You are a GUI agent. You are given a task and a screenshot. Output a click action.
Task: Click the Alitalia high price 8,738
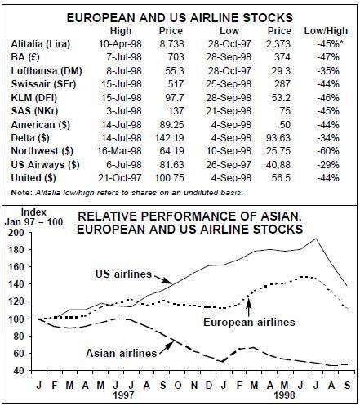click(x=171, y=44)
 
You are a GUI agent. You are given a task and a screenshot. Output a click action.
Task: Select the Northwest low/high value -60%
click(x=328, y=151)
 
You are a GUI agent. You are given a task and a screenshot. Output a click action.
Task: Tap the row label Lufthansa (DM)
click(x=47, y=71)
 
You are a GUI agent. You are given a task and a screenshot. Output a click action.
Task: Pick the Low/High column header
click(x=326, y=31)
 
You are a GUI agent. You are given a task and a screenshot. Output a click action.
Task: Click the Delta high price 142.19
click(x=169, y=138)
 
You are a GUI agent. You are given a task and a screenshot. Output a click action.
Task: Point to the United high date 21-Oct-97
click(x=120, y=178)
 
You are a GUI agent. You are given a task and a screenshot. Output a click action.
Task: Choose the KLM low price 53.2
click(x=281, y=98)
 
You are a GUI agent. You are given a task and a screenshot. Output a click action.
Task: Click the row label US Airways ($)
click(x=45, y=165)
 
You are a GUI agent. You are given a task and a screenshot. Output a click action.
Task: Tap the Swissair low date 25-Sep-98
click(x=229, y=84)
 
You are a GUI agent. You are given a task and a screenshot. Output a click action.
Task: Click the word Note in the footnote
click(x=21, y=193)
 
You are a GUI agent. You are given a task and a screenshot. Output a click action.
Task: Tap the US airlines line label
click(x=123, y=274)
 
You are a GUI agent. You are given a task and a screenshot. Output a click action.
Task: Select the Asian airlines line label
click(x=122, y=353)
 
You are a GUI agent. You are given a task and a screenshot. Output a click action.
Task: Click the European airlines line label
click(x=249, y=322)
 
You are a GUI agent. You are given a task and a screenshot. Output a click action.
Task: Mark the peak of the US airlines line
click(x=316, y=239)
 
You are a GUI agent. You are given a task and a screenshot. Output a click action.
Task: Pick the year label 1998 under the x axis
click(x=284, y=395)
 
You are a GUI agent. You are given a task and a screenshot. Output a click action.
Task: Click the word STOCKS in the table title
click(x=268, y=18)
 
